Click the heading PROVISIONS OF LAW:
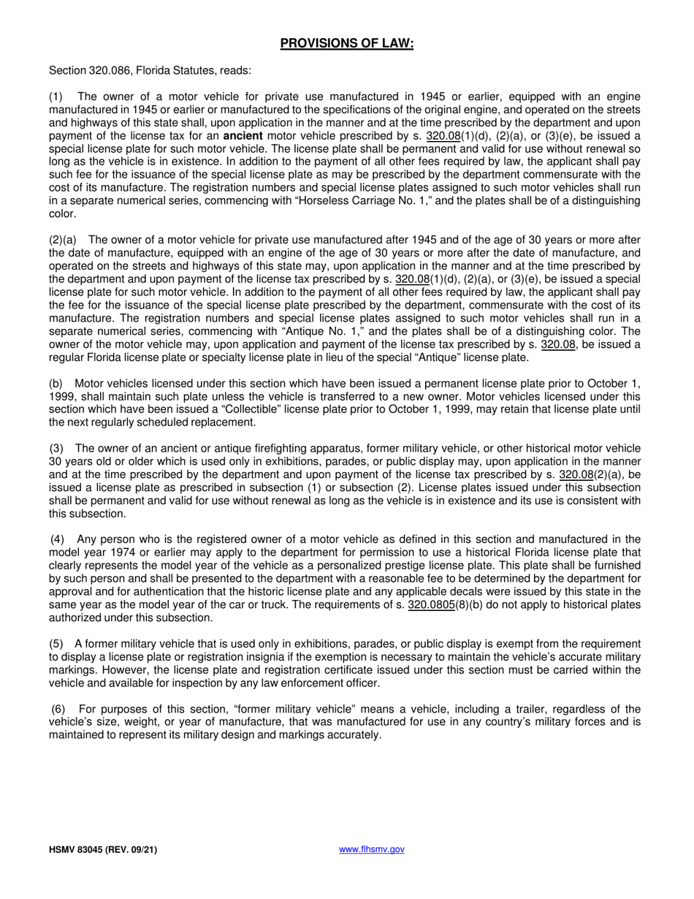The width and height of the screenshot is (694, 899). point(347,44)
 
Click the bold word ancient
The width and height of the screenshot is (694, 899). point(243,137)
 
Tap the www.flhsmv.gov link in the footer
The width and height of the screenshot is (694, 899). point(372,849)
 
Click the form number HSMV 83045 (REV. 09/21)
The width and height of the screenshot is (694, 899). point(102,850)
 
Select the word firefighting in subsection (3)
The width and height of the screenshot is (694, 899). point(258,448)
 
